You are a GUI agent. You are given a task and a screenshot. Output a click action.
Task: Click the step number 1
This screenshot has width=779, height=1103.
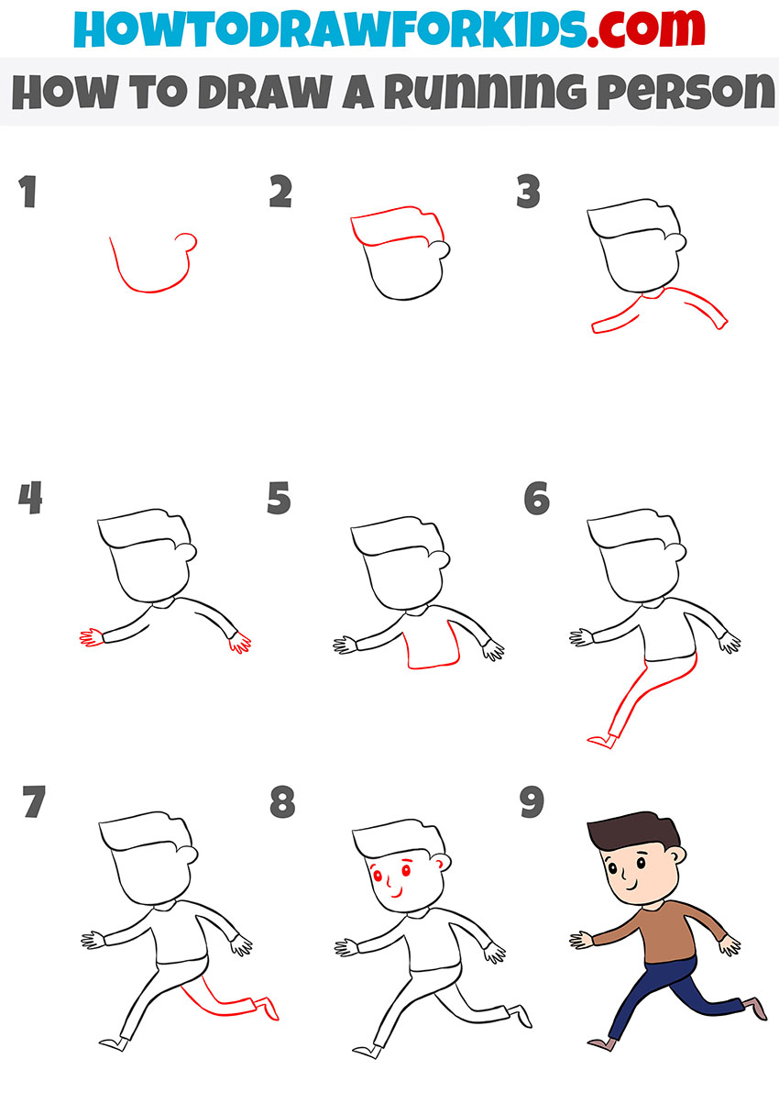[x=27, y=193]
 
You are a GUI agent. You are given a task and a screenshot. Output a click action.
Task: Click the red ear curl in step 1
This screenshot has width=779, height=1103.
[x=188, y=241]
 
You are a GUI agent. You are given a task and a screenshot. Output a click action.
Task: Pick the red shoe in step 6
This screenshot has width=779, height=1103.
[x=599, y=741]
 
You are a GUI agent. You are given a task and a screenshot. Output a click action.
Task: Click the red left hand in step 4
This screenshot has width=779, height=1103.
[x=90, y=638]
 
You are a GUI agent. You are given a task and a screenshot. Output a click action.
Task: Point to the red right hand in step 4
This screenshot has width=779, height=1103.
[x=240, y=644]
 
